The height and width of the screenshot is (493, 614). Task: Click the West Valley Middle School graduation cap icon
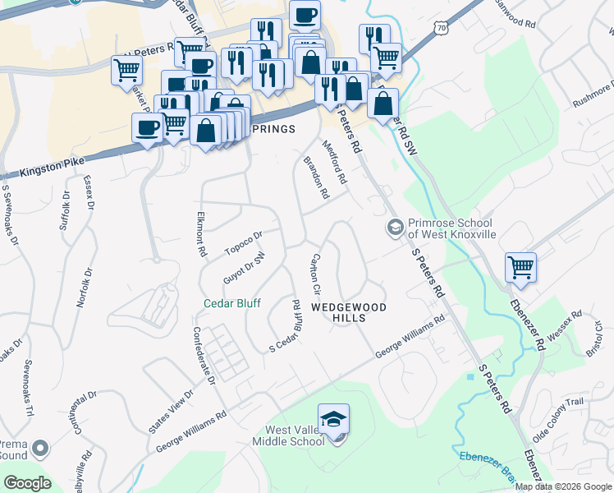coord(334,420)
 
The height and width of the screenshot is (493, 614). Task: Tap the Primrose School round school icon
coord(395,227)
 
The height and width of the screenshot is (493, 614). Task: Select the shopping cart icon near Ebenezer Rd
coord(520,267)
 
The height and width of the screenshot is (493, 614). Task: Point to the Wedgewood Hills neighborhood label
coord(348,312)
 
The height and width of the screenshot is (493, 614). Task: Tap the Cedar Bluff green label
coord(232,303)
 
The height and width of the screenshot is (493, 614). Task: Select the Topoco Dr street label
coord(243,242)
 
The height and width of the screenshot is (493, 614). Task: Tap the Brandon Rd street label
coord(316,178)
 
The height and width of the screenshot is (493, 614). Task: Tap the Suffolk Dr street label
coord(66,210)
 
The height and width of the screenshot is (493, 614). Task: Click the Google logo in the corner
coord(28,482)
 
